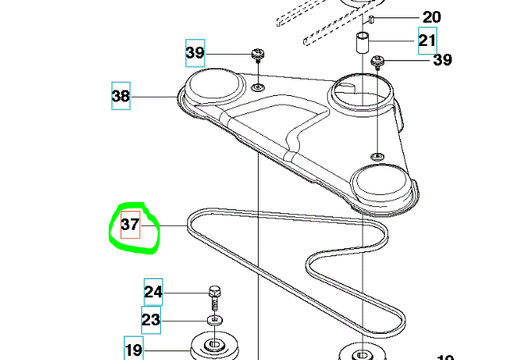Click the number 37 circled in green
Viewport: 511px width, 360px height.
130,226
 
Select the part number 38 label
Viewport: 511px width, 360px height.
121,97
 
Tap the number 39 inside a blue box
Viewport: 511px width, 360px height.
195,54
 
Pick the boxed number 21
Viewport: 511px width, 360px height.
428,40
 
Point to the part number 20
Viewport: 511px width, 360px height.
432,17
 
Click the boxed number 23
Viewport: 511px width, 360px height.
151,320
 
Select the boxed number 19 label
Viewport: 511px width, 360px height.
133,347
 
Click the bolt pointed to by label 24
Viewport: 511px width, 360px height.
213,297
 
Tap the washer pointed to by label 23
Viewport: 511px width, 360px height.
213,320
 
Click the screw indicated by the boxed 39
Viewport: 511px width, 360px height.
257,54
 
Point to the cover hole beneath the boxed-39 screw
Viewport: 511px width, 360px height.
259,84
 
